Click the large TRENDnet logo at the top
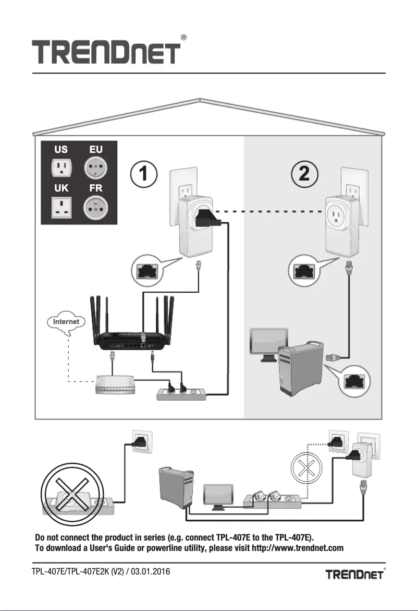[107, 53]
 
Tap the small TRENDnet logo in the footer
[355, 574]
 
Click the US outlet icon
[61, 168]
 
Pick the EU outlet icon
[95, 168]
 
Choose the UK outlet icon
[61, 208]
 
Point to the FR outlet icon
[95, 208]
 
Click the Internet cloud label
[66, 322]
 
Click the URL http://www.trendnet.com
[287, 548]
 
